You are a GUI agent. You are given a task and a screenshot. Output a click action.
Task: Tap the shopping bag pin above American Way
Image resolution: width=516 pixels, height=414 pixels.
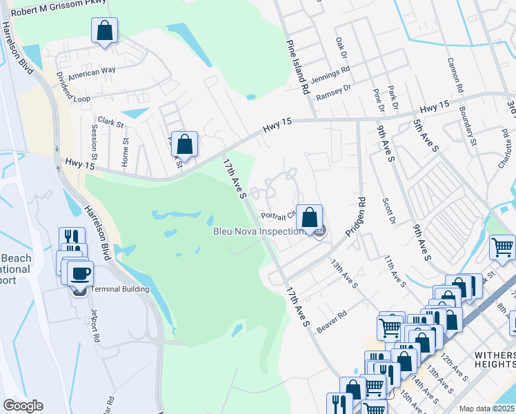pos(104,31)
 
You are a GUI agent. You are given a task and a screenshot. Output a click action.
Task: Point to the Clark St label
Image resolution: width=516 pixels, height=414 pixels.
pos(110,124)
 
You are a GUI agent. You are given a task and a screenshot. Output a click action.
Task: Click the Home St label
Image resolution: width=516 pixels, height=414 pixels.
pos(125,151)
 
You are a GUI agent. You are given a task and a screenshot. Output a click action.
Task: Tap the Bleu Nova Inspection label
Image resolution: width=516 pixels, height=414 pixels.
pos(258,232)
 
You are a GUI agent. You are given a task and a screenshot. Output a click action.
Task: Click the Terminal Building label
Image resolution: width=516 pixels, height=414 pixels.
pos(120,288)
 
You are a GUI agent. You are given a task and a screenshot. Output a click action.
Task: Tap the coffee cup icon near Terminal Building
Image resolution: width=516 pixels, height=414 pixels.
pos(81,272)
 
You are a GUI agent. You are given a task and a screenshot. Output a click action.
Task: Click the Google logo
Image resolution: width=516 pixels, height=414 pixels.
pos(23,406)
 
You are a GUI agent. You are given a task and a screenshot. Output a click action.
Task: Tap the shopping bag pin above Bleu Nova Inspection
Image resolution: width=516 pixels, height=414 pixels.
pos(310,217)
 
